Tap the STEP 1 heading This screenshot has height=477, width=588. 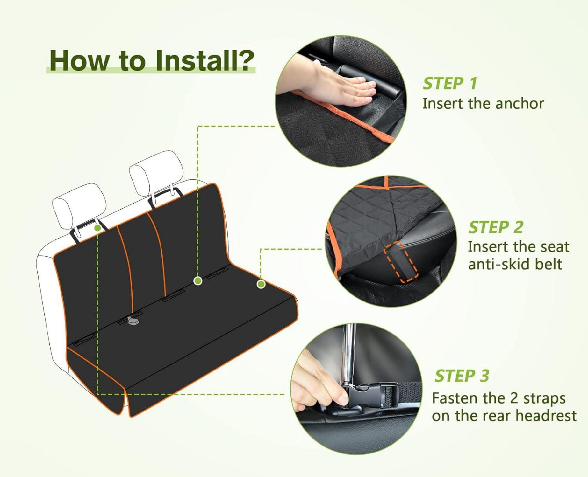449,84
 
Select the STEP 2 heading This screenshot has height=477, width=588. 496,227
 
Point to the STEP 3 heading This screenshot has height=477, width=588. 462,376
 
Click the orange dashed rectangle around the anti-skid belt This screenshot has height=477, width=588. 400,261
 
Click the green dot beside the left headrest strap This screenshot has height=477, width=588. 98,228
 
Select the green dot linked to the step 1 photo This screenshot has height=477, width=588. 198,280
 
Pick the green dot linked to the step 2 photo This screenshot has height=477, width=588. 261,284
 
